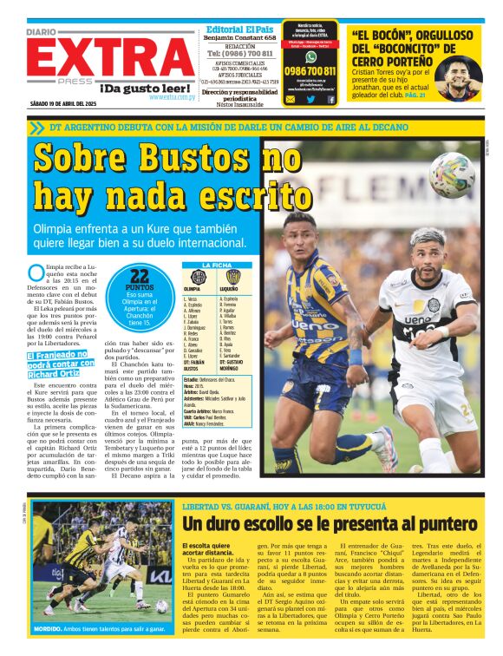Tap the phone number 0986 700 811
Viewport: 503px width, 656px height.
tap(310, 71)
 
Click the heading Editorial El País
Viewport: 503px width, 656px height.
tap(240, 30)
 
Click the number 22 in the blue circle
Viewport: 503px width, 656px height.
tap(141, 275)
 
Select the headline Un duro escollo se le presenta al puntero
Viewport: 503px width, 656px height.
tap(330, 524)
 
